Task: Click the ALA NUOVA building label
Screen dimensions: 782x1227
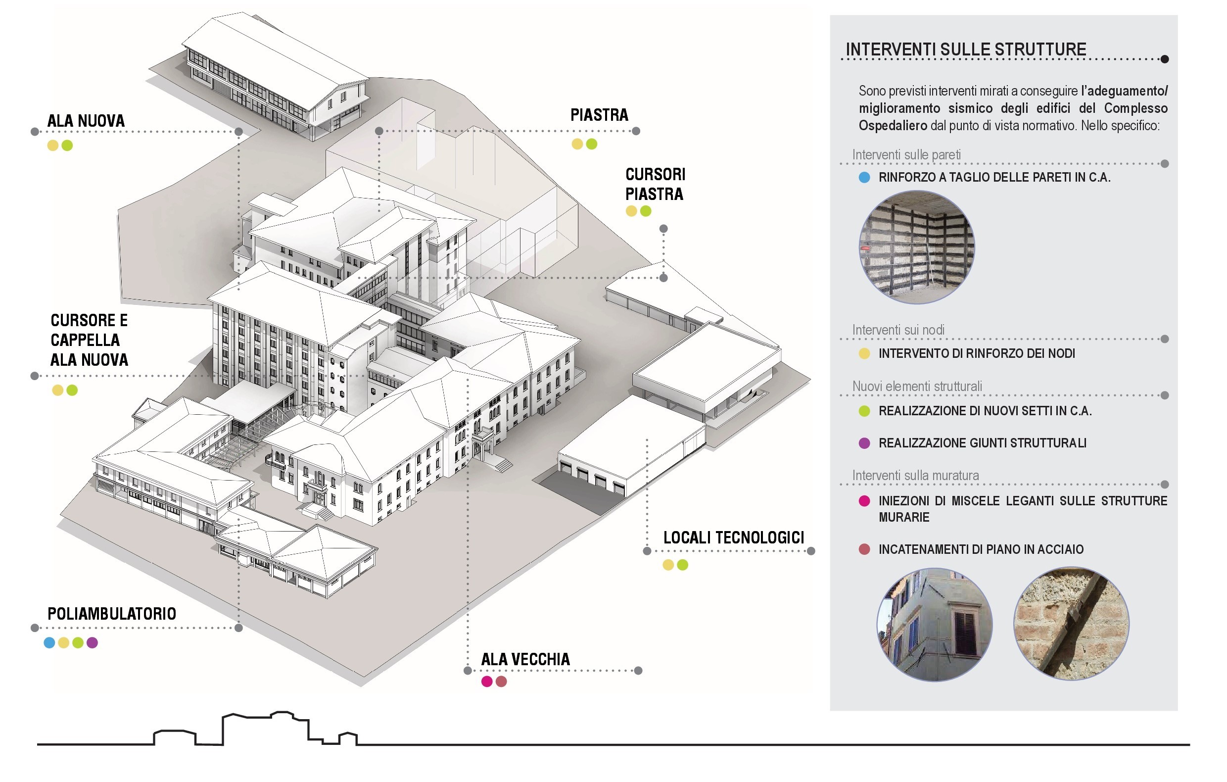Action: [x=86, y=121]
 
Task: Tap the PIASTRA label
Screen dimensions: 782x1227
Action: [x=599, y=115]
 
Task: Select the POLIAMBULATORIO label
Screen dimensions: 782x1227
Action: [x=112, y=614]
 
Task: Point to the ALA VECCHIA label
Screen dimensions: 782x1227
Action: [x=525, y=660]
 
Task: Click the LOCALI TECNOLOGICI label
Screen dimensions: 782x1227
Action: [x=734, y=538]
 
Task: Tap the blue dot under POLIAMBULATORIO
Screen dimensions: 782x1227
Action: [x=49, y=643]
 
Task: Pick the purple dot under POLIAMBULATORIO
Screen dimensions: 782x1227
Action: [x=92, y=643]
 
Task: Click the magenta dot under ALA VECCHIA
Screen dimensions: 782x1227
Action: [x=487, y=682]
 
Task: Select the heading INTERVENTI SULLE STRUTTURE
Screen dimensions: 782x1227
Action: [x=966, y=49]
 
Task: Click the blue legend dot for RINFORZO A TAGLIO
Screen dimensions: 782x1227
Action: [x=864, y=177]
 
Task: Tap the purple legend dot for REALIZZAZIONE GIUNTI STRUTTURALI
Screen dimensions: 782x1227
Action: [x=864, y=443]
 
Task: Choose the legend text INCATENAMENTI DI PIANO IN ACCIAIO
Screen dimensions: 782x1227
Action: [x=981, y=549]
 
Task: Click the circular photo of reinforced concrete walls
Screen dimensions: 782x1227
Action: [x=917, y=248]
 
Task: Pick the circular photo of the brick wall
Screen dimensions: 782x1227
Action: [x=1071, y=624]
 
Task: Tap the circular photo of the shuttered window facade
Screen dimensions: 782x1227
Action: [x=934, y=625]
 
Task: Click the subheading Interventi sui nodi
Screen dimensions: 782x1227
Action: [x=898, y=330]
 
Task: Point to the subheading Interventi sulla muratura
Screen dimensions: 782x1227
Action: [x=916, y=476]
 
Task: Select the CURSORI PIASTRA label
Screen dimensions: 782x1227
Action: [x=655, y=184]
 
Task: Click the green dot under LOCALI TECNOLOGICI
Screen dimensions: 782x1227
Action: [x=683, y=565]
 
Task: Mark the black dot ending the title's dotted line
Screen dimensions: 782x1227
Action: [x=1165, y=59]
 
